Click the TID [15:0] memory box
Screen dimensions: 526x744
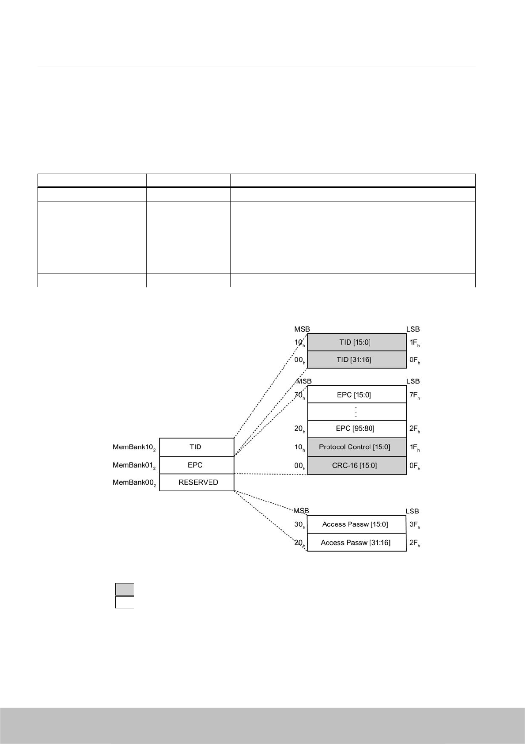coord(356,342)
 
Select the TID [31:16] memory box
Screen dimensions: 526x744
coord(356,360)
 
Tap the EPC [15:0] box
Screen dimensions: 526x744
coord(356,395)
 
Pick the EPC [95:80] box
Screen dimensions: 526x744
coord(356,429)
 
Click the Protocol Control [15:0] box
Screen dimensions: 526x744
coord(356,447)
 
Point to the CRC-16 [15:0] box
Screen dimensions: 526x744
coord(356,465)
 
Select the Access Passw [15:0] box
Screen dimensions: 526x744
coord(356,524)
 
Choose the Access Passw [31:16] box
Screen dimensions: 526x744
coord(356,543)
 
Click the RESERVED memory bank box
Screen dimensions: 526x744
coord(197,482)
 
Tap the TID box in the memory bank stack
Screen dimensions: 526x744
coord(197,447)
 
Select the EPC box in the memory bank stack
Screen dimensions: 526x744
coord(197,465)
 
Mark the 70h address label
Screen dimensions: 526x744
coord(299,395)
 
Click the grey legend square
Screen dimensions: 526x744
coord(125,589)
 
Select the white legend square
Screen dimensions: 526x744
coord(125,602)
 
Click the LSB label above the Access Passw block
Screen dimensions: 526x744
coord(412,511)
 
